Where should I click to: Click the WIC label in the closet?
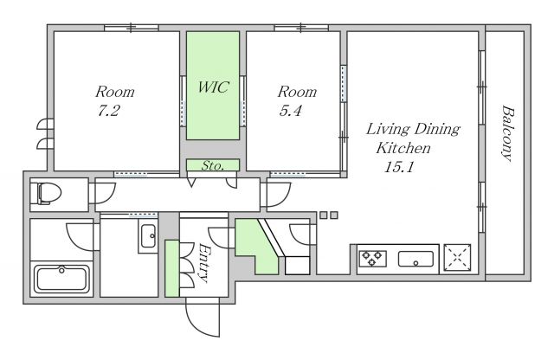coord(213,87)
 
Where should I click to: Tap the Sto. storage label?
coord(213,165)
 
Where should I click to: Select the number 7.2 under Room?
coord(108,111)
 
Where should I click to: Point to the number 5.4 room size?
coord(291,111)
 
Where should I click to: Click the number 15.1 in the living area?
coord(399,167)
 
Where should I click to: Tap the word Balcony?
coord(507,132)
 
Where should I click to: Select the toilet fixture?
coord(46,193)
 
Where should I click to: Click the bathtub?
coord(61,280)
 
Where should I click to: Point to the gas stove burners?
coord(372,258)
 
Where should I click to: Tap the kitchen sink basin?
coord(415,259)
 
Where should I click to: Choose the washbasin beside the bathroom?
coord(148,236)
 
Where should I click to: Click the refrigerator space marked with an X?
coord(457,257)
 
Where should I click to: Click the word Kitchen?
coord(403,148)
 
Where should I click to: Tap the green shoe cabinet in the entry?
coord(172,268)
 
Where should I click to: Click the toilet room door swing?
coord(106,193)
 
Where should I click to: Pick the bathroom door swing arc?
coord(81,237)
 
